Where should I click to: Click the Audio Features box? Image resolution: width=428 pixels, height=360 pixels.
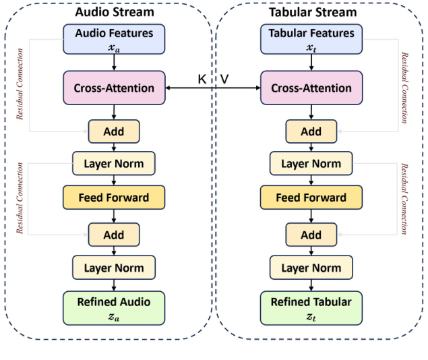pos(114,39)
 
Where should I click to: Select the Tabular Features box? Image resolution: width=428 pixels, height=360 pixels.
pos(311,39)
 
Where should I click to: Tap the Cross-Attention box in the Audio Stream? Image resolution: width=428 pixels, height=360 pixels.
pos(114,88)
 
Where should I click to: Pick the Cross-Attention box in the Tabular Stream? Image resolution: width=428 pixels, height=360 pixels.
pos(311,88)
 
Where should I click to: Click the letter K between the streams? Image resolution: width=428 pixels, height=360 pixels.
pos(202,80)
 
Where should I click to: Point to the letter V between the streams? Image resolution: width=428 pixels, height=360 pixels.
pos(224,80)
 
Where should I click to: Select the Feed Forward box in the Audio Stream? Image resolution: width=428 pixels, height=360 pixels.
pos(114,198)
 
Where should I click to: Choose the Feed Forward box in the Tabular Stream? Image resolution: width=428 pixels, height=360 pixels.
pos(311,198)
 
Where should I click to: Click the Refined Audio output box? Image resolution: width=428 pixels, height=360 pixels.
pos(114,307)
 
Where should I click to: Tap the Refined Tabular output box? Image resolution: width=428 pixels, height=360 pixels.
pos(311,307)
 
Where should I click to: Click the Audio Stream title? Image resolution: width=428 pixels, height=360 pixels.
pos(114,11)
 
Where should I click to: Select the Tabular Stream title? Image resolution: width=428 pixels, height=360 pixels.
pos(311,11)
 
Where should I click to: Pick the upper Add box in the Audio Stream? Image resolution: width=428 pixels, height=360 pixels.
pos(114,131)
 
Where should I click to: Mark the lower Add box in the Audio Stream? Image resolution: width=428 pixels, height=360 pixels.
pos(114,235)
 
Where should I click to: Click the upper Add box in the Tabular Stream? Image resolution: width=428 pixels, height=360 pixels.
pos(311,131)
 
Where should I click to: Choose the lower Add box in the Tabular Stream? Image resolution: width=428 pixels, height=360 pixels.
pos(311,235)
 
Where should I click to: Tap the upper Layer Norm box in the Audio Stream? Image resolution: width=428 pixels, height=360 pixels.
pos(114,164)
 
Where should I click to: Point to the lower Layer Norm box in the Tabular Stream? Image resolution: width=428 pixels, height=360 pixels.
pos(311,268)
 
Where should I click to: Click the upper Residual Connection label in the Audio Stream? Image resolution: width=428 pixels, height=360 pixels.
pos(20,84)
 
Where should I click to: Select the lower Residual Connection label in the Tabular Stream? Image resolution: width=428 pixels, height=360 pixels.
pos(405,199)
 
